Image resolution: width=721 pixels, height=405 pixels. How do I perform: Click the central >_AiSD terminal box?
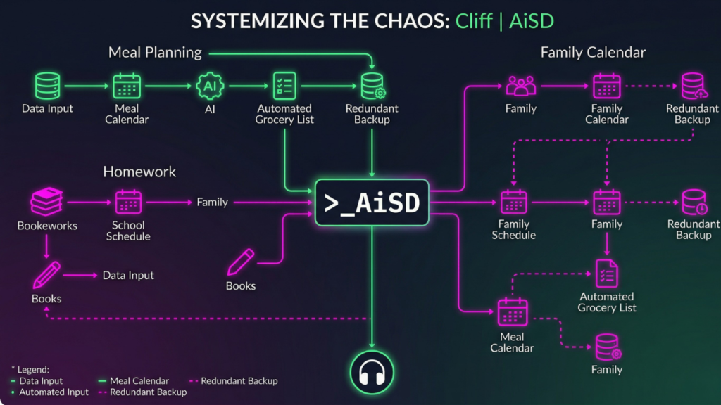(372, 202)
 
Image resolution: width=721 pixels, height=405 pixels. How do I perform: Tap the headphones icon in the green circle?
(372, 373)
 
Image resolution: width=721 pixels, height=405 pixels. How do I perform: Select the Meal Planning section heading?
(155, 52)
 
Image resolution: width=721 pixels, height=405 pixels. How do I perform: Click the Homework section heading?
(139, 172)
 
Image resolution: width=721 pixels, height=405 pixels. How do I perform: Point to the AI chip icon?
(210, 86)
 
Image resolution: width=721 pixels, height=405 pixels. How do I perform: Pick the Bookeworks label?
(47, 226)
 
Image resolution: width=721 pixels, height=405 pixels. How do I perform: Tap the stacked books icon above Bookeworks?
(47, 202)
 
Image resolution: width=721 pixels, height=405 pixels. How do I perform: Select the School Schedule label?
(128, 231)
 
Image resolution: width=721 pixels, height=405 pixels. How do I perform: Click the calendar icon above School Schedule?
(128, 202)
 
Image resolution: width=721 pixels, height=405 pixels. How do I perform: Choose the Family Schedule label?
(513, 229)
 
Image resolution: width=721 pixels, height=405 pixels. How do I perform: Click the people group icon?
(521, 86)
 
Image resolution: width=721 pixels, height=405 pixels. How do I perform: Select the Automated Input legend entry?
(54, 392)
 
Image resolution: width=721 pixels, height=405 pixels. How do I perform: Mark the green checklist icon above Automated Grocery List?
(284, 86)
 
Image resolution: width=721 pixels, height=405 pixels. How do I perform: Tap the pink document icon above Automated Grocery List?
(607, 273)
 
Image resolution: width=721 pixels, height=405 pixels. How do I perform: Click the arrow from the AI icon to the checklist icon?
(247, 86)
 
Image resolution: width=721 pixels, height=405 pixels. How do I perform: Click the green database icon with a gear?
(372, 86)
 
